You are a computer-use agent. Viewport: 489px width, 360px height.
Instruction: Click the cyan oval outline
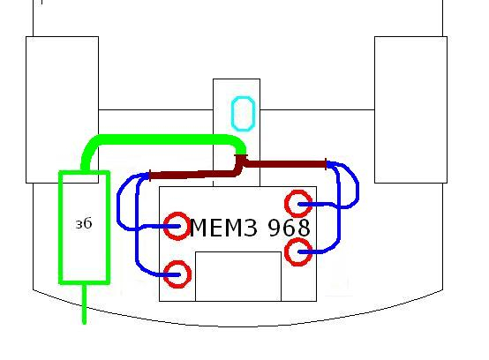click(x=232, y=114)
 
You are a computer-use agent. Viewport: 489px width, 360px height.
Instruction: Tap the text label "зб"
click(x=84, y=223)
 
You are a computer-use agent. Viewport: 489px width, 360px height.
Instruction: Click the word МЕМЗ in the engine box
click(x=223, y=228)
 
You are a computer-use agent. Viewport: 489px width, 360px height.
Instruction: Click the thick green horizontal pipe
click(x=162, y=139)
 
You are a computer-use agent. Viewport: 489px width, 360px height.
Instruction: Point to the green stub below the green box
click(x=84, y=304)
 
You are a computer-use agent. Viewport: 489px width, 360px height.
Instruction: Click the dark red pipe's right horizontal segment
click(x=285, y=164)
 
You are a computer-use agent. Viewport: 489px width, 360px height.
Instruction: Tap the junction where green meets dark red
click(x=241, y=155)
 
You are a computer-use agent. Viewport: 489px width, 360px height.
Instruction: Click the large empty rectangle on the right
click(x=410, y=109)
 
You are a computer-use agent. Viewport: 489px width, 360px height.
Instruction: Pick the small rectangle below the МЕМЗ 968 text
click(x=238, y=276)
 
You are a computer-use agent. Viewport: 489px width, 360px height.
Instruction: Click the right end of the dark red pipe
click(x=326, y=164)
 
